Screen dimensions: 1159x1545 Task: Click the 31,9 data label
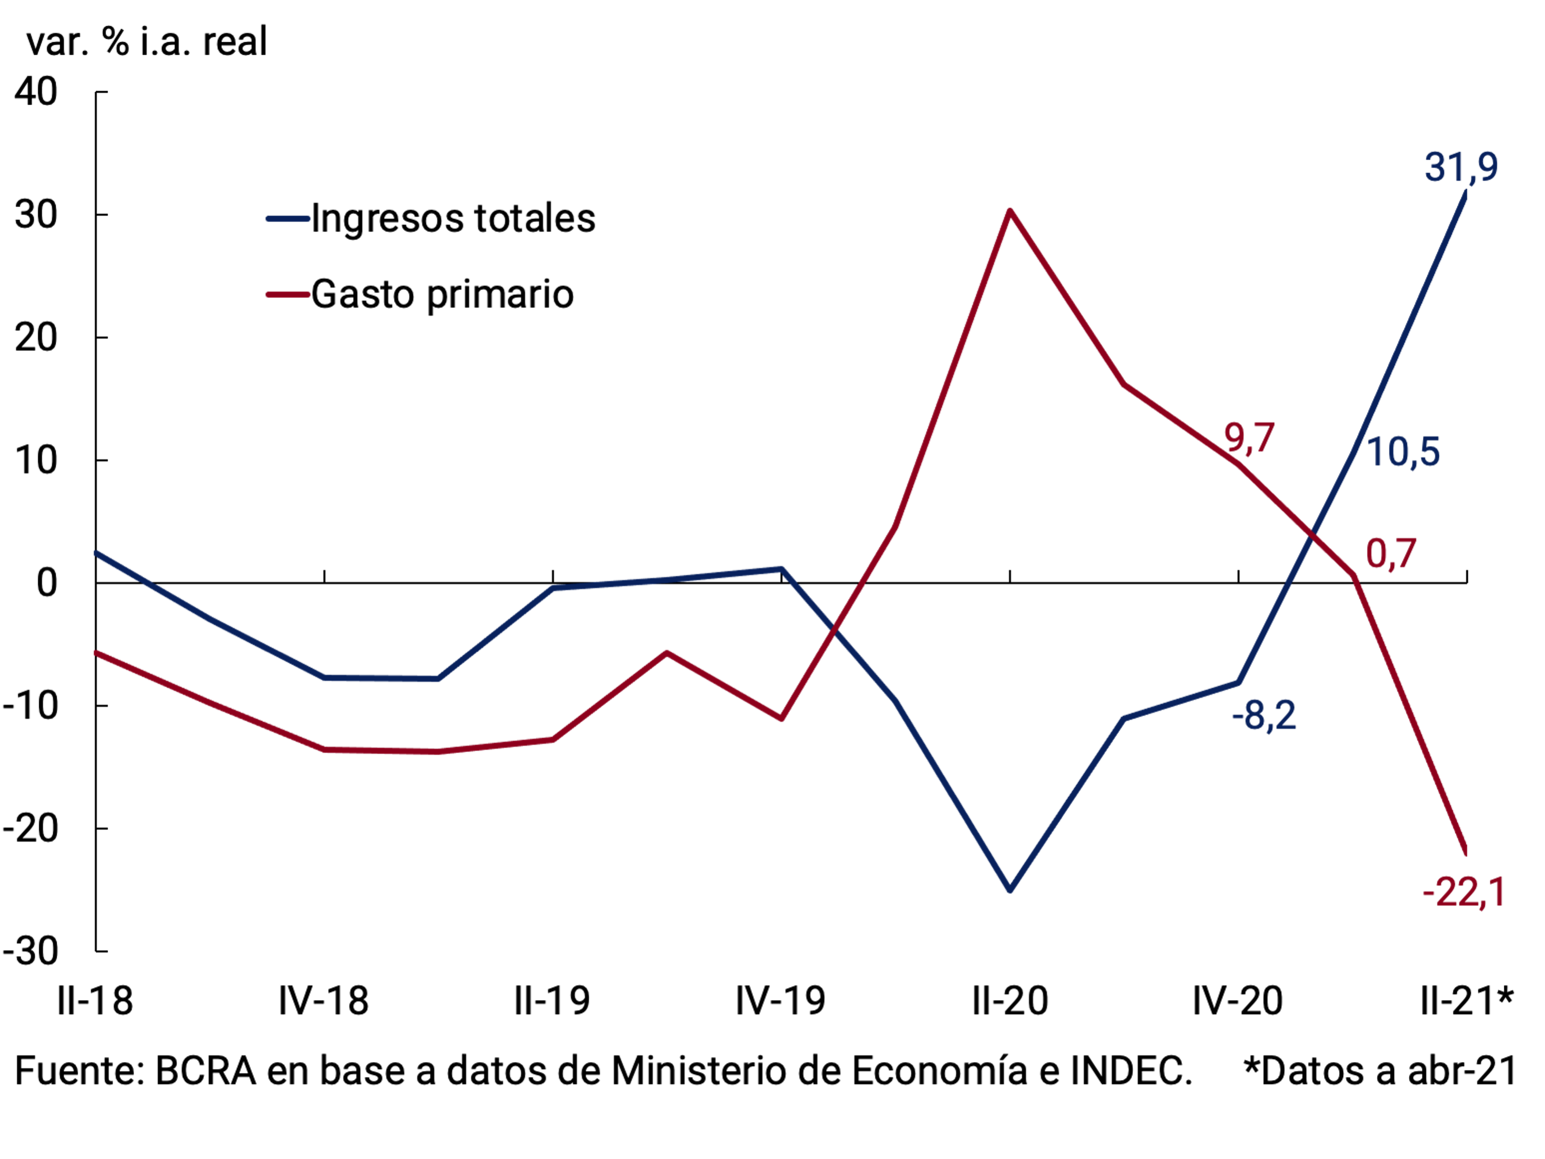(1461, 167)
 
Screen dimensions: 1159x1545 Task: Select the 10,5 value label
(1402, 452)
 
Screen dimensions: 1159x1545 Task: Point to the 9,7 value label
(1249, 439)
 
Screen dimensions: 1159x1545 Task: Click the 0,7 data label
(1390, 554)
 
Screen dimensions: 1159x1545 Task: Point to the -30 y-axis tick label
(31, 951)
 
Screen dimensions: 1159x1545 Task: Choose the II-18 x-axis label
(95, 1001)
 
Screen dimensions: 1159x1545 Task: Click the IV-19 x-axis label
(780, 1001)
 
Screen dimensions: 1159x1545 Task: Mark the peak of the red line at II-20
(1010, 210)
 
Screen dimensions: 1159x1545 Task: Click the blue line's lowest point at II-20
(1010, 890)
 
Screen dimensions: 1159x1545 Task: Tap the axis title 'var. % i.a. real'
(147, 41)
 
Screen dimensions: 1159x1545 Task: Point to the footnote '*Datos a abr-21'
(1380, 1071)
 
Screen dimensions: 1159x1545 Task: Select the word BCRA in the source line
(206, 1071)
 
